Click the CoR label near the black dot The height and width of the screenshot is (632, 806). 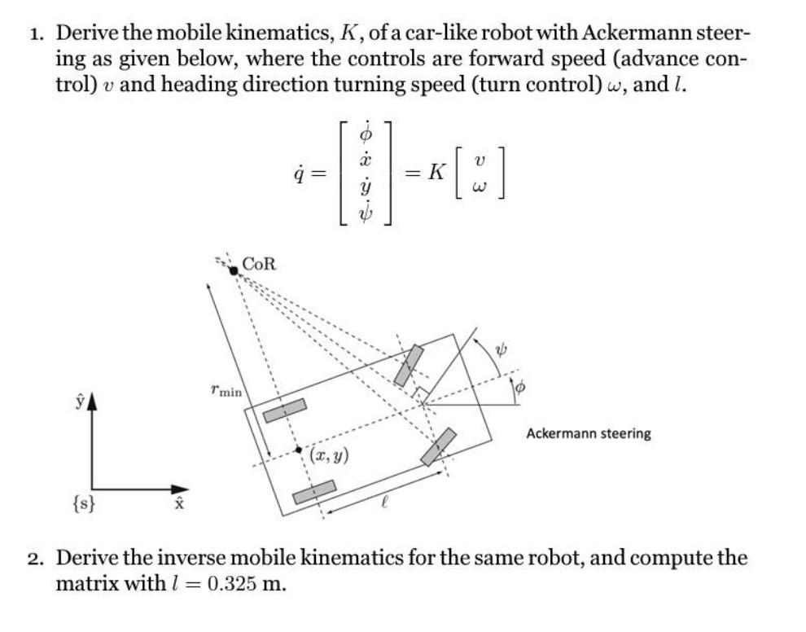pyautogui.click(x=261, y=264)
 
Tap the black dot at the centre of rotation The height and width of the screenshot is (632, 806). pyautogui.click(x=234, y=270)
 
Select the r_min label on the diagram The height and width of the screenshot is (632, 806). pyautogui.click(x=226, y=392)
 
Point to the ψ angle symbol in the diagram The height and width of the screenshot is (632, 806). pyautogui.click(x=502, y=349)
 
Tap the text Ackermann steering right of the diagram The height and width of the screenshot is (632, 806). pyautogui.click(x=588, y=433)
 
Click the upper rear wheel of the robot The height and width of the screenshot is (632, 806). pyautogui.click(x=285, y=410)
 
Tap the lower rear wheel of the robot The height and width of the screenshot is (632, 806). pyautogui.click(x=314, y=492)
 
